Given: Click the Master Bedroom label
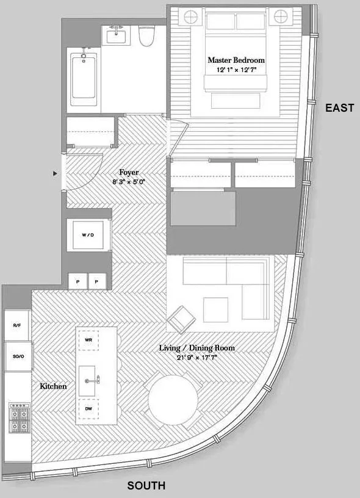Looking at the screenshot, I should [236, 60].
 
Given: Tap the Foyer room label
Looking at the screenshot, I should [128, 173].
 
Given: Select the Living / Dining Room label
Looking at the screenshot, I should [196, 348].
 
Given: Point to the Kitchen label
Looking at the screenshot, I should [53, 386].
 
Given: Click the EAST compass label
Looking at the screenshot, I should [339, 108].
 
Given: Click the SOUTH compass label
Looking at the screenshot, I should [146, 486].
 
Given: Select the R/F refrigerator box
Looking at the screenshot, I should [16, 326].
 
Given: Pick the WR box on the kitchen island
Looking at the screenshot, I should [88, 339].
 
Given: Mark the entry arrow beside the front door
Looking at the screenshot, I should [56, 174].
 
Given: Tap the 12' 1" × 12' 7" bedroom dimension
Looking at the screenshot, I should [236, 70].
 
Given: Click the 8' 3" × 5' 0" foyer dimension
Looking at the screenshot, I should [128, 182].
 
